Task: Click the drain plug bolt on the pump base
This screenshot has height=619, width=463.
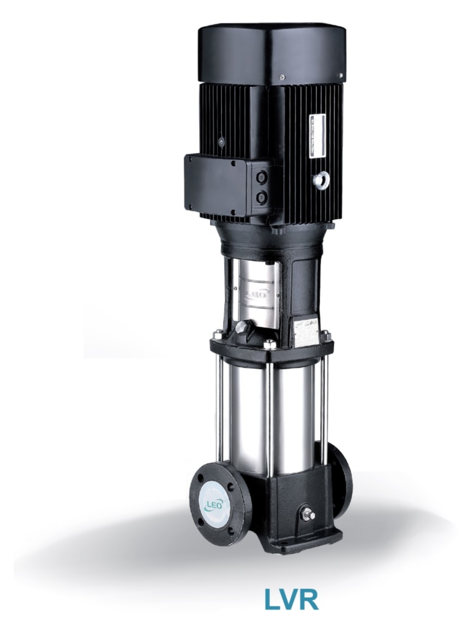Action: (x=310, y=515)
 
